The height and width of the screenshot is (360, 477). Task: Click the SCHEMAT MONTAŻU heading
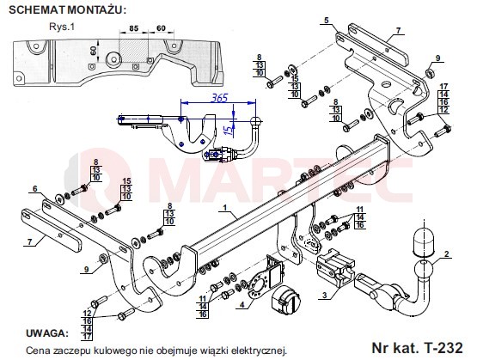point(67,10)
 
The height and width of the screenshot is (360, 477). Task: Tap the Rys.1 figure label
point(62,27)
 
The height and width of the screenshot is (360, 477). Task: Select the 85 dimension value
point(133,28)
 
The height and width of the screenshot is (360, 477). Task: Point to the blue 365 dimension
point(220,98)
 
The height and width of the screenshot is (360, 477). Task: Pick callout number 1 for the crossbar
point(225,208)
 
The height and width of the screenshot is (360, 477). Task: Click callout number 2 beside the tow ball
point(446,254)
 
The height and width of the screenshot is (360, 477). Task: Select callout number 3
point(325,295)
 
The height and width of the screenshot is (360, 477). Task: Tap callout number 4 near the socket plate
point(242,304)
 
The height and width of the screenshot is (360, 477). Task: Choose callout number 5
point(327,21)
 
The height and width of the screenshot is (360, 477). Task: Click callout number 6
point(35,189)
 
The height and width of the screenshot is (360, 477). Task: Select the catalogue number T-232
point(418,347)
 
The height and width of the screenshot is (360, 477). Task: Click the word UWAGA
point(47,333)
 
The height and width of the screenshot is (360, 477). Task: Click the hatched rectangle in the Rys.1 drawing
point(133,50)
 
